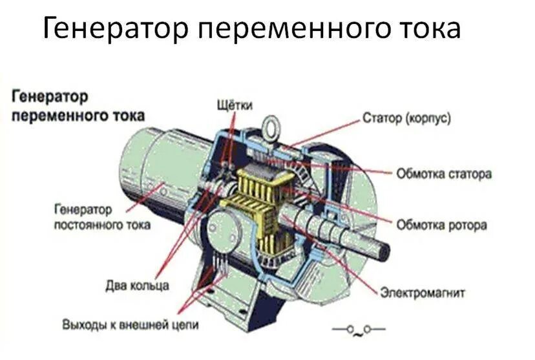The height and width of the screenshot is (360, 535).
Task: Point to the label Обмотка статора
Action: tap(444, 174)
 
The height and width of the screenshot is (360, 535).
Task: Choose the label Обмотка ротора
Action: tap(441, 225)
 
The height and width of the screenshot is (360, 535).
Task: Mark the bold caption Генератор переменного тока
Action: tap(78, 106)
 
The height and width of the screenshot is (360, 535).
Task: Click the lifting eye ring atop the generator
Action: tap(271, 123)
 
